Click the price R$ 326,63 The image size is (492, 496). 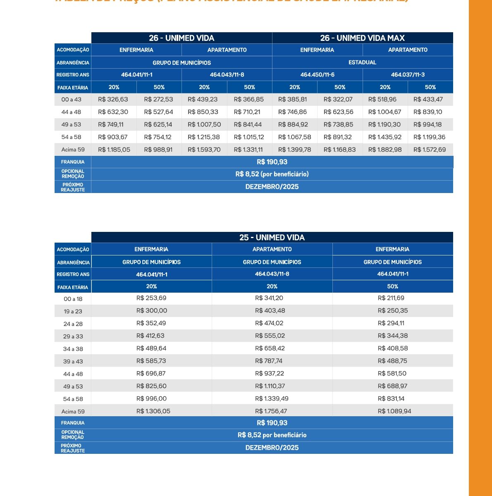click(x=113, y=100)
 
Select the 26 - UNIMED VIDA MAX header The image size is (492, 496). click(x=362, y=38)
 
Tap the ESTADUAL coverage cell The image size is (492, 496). click(x=362, y=62)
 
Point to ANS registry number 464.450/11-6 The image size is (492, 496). click(x=317, y=75)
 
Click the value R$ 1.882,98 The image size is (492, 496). click(x=385, y=150)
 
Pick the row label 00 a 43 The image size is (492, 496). click(x=72, y=100)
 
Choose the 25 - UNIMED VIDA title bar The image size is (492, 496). click(x=272, y=238)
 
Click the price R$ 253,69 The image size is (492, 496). click(x=151, y=298)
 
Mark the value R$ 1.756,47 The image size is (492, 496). click(x=272, y=411)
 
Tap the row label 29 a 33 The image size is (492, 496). click(x=73, y=336)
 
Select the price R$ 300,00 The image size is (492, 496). click(x=151, y=311)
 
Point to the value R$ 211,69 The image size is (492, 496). click(x=392, y=298)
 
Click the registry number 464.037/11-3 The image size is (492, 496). click(x=408, y=75)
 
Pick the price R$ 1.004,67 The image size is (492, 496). click(x=385, y=112)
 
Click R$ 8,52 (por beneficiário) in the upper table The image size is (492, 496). click(x=272, y=174)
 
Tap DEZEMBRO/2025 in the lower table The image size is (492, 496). click(x=272, y=448)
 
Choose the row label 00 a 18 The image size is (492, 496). click(x=73, y=299)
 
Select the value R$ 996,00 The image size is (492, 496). click(x=151, y=399)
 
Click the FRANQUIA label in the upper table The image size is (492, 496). click(x=73, y=162)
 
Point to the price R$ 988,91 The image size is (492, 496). click(x=158, y=150)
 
